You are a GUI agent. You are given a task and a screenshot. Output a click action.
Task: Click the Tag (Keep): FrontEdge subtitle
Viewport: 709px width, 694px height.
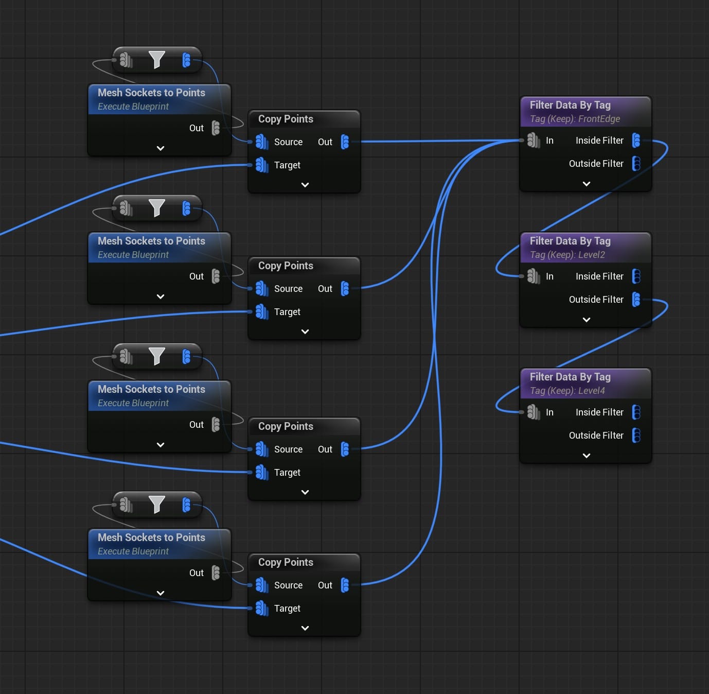coord(575,119)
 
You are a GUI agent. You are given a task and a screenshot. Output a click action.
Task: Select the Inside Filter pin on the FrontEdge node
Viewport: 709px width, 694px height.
coord(636,141)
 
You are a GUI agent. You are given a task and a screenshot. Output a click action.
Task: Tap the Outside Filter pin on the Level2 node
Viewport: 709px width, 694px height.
coord(636,299)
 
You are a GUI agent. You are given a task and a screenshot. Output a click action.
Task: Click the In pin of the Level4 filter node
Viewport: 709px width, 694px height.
coord(534,412)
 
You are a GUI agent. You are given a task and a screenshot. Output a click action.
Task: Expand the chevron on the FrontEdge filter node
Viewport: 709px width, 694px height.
coord(586,184)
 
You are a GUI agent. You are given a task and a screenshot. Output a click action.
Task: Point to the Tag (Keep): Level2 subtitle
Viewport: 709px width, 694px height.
coord(568,255)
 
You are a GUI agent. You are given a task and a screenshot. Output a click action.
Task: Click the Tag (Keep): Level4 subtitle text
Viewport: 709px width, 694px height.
coord(568,391)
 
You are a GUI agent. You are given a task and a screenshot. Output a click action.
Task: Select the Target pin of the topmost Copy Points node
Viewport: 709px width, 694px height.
coord(262,165)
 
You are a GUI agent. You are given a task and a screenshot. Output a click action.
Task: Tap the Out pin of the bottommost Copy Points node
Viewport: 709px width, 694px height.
coord(345,585)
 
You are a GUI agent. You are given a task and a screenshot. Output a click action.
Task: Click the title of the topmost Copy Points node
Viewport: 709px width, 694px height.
coord(286,119)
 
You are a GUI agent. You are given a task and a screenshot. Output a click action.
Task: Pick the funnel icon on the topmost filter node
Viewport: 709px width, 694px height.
coord(156,60)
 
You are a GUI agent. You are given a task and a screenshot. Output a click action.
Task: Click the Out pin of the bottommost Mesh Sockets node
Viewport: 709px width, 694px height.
coord(216,572)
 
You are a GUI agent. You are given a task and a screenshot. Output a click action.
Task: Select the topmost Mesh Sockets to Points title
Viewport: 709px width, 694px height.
coord(151,93)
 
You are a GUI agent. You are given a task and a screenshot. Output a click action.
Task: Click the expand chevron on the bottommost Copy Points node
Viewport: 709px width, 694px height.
coord(305,628)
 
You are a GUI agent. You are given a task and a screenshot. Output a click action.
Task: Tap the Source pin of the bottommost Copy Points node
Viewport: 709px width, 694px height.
coord(262,585)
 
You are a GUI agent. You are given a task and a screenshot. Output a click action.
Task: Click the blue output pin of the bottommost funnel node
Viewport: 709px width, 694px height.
coord(186,505)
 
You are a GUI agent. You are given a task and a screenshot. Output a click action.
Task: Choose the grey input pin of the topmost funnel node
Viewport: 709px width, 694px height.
coord(126,60)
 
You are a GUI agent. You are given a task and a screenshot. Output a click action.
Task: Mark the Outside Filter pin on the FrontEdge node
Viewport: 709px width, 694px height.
coord(636,163)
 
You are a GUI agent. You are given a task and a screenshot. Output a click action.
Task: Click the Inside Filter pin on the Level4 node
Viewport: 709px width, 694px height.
coord(636,412)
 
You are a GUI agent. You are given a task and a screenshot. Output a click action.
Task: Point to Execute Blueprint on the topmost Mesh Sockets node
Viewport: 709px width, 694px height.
coord(133,107)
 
